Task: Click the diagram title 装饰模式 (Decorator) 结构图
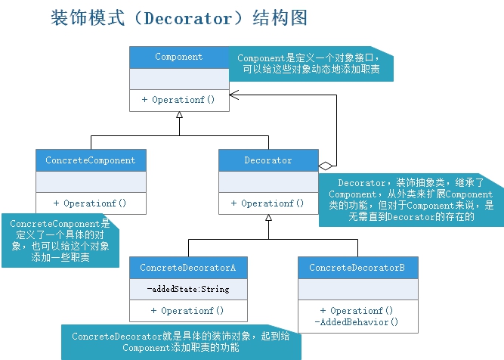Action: pyautogui.click(x=179, y=18)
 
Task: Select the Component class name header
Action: pyautogui.click(x=179, y=57)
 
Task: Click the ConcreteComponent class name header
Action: pyautogui.click(x=91, y=160)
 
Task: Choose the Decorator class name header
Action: pyautogui.click(x=267, y=160)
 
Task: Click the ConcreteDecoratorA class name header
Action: pyautogui.click(x=188, y=268)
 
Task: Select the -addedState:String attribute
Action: pyautogui.click(x=188, y=289)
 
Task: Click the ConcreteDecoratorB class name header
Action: pyautogui.click(x=357, y=268)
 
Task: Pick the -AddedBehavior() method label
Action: pyautogui.click(x=357, y=322)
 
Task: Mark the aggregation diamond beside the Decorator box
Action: pyautogui.click(x=326, y=165)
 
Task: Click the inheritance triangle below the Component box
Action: pyautogui.click(x=179, y=116)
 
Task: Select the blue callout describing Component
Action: pyautogui.click(x=314, y=64)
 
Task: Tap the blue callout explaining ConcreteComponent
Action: pyautogui.click(x=60, y=241)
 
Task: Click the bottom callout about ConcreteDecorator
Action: pyautogui.click(x=181, y=342)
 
